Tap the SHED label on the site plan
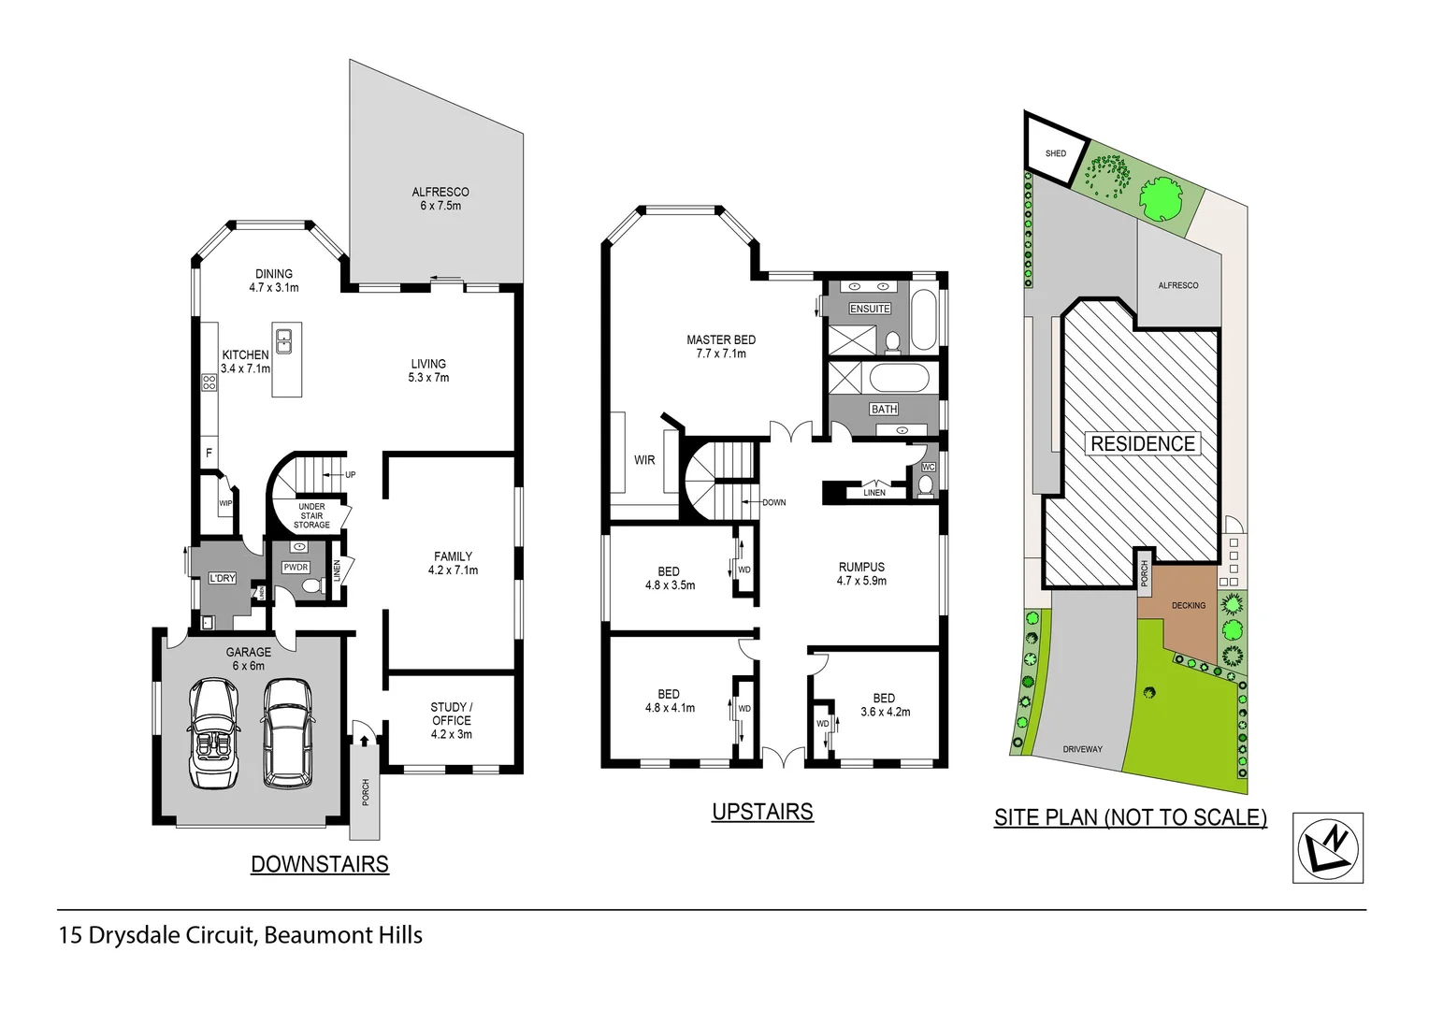click(x=1056, y=153)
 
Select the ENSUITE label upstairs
click(x=870, y=309)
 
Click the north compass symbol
click(x=1328, y=847)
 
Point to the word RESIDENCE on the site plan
click(x=1143, y=443)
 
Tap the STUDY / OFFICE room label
click(x=452, y=720)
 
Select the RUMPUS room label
click(x=861, y=573)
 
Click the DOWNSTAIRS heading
click(x=320, y=864)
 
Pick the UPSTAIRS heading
click(x=762, y=812)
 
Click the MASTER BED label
click(x=721, y=346)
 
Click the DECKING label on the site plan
click(x=1189, y=605)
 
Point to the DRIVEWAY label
click(x=1082, y=749)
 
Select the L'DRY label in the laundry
click(x=223, y=578)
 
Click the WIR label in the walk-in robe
click(x=644, y=459)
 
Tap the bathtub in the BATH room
click(x=899, y=380)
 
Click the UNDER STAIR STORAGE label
click(x=311, y=515)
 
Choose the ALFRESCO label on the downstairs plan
click(x=440, y=198)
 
